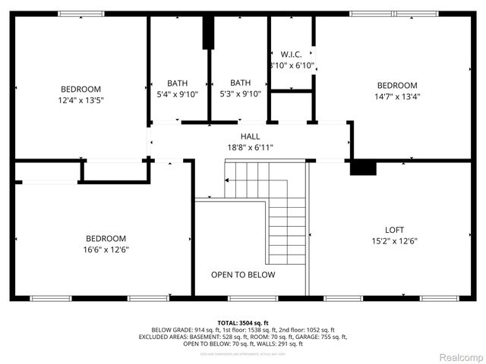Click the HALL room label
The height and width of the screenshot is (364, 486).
249,136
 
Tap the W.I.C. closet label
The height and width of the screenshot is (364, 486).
291,55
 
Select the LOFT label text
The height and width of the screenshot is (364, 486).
394,229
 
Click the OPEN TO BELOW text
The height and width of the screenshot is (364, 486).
243,275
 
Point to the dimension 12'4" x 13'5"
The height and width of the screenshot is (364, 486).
80,99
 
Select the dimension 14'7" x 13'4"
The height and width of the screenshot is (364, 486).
397,96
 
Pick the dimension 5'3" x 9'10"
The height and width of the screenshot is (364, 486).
240,94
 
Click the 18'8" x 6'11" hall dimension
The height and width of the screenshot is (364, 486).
249,148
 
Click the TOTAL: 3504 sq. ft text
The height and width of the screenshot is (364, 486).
243,322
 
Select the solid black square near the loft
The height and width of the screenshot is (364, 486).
363,168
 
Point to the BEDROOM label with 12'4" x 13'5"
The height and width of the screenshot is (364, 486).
80,88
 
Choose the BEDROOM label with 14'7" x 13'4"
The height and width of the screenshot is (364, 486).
397,85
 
